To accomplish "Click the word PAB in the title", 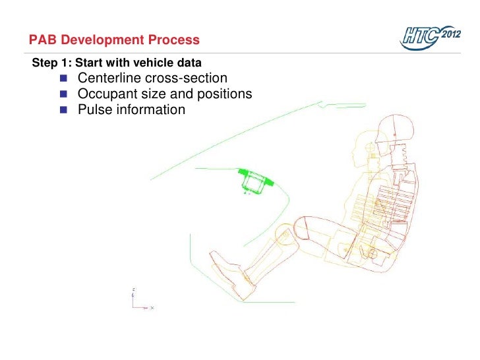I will point(44,40).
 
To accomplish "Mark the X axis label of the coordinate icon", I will point(152,308).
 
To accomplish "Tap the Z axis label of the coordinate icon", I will point(135,289).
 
